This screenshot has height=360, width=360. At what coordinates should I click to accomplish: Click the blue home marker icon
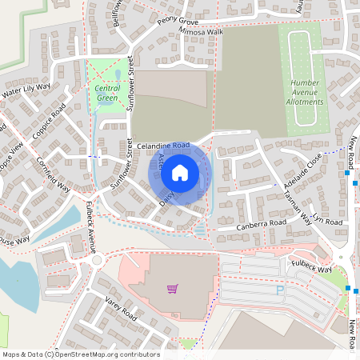click(x=180, y=172)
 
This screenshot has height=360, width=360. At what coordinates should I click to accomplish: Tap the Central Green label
click(x=106, y=93)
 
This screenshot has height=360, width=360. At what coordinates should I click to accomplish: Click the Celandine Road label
click(x=162, y=146)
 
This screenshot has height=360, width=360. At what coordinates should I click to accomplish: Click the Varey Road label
click(x=121, y=308)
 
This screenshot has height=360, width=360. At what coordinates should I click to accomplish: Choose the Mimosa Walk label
click(x=202, y=32)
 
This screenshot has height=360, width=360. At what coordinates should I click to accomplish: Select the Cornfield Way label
click(x=54, y=174)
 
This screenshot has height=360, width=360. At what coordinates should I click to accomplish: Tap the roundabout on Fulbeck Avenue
click(x=96, y=260)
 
